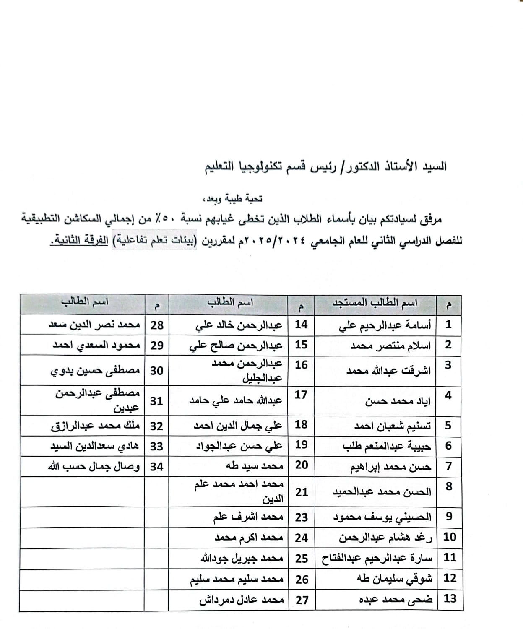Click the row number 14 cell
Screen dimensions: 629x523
(301, 325)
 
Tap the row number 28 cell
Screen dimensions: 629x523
(157, 325)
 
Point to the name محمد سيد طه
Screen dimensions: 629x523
(254, 466)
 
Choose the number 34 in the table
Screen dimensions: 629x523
(156, 466)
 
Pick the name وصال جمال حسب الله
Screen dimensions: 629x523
(94, 467)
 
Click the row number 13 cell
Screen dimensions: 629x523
(450, 598)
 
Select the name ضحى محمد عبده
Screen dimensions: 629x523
(396, 600)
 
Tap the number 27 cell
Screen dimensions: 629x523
(302, 600)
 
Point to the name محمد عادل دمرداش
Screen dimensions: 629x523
(242, 600)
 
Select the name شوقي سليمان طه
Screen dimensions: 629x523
(394, 579)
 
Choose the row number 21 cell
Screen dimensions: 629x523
(302, 492)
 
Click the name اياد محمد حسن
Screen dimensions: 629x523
(398, 401)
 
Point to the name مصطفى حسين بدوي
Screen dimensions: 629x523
(95, 371)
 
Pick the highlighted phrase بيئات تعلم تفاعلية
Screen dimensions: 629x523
(149, 241)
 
